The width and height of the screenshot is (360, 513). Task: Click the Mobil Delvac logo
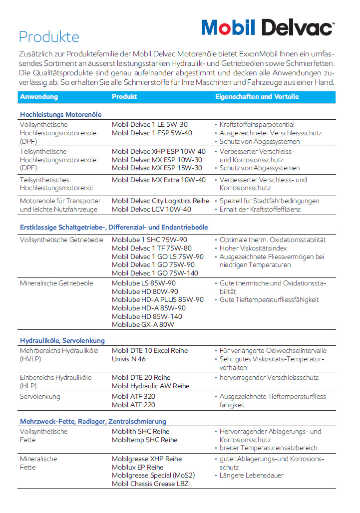coord(268,27)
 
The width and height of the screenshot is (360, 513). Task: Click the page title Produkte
coord(48,37)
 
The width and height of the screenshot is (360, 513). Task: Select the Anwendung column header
coord(39,96)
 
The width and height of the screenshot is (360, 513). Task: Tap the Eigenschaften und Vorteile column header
coord(257,96)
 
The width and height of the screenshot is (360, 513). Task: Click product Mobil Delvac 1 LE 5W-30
coord(150,124)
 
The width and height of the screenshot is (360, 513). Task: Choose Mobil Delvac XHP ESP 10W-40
coord(158,151)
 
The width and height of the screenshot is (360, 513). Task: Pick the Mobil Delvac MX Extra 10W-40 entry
coord(158,180)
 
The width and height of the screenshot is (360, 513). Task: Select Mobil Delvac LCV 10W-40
coord(151,209)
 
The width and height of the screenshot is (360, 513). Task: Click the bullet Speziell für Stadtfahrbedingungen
coord(269,201)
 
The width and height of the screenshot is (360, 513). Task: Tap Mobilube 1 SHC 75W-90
coord(149,240)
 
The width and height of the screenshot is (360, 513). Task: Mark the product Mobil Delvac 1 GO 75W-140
coord(155,273)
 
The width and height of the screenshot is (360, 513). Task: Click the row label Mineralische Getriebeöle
coord(56,283)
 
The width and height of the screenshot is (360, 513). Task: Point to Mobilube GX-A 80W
coord(143,325)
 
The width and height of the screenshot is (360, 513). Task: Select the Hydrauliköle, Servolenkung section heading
coord(62,340)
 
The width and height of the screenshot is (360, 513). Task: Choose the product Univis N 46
coord(129,359)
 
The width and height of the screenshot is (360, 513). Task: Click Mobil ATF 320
coord(133,396)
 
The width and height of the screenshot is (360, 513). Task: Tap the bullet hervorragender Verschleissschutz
coord(269,377)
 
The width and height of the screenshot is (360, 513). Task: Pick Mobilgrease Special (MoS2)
coord(153,475)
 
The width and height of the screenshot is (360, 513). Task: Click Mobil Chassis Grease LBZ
coord(150,484)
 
